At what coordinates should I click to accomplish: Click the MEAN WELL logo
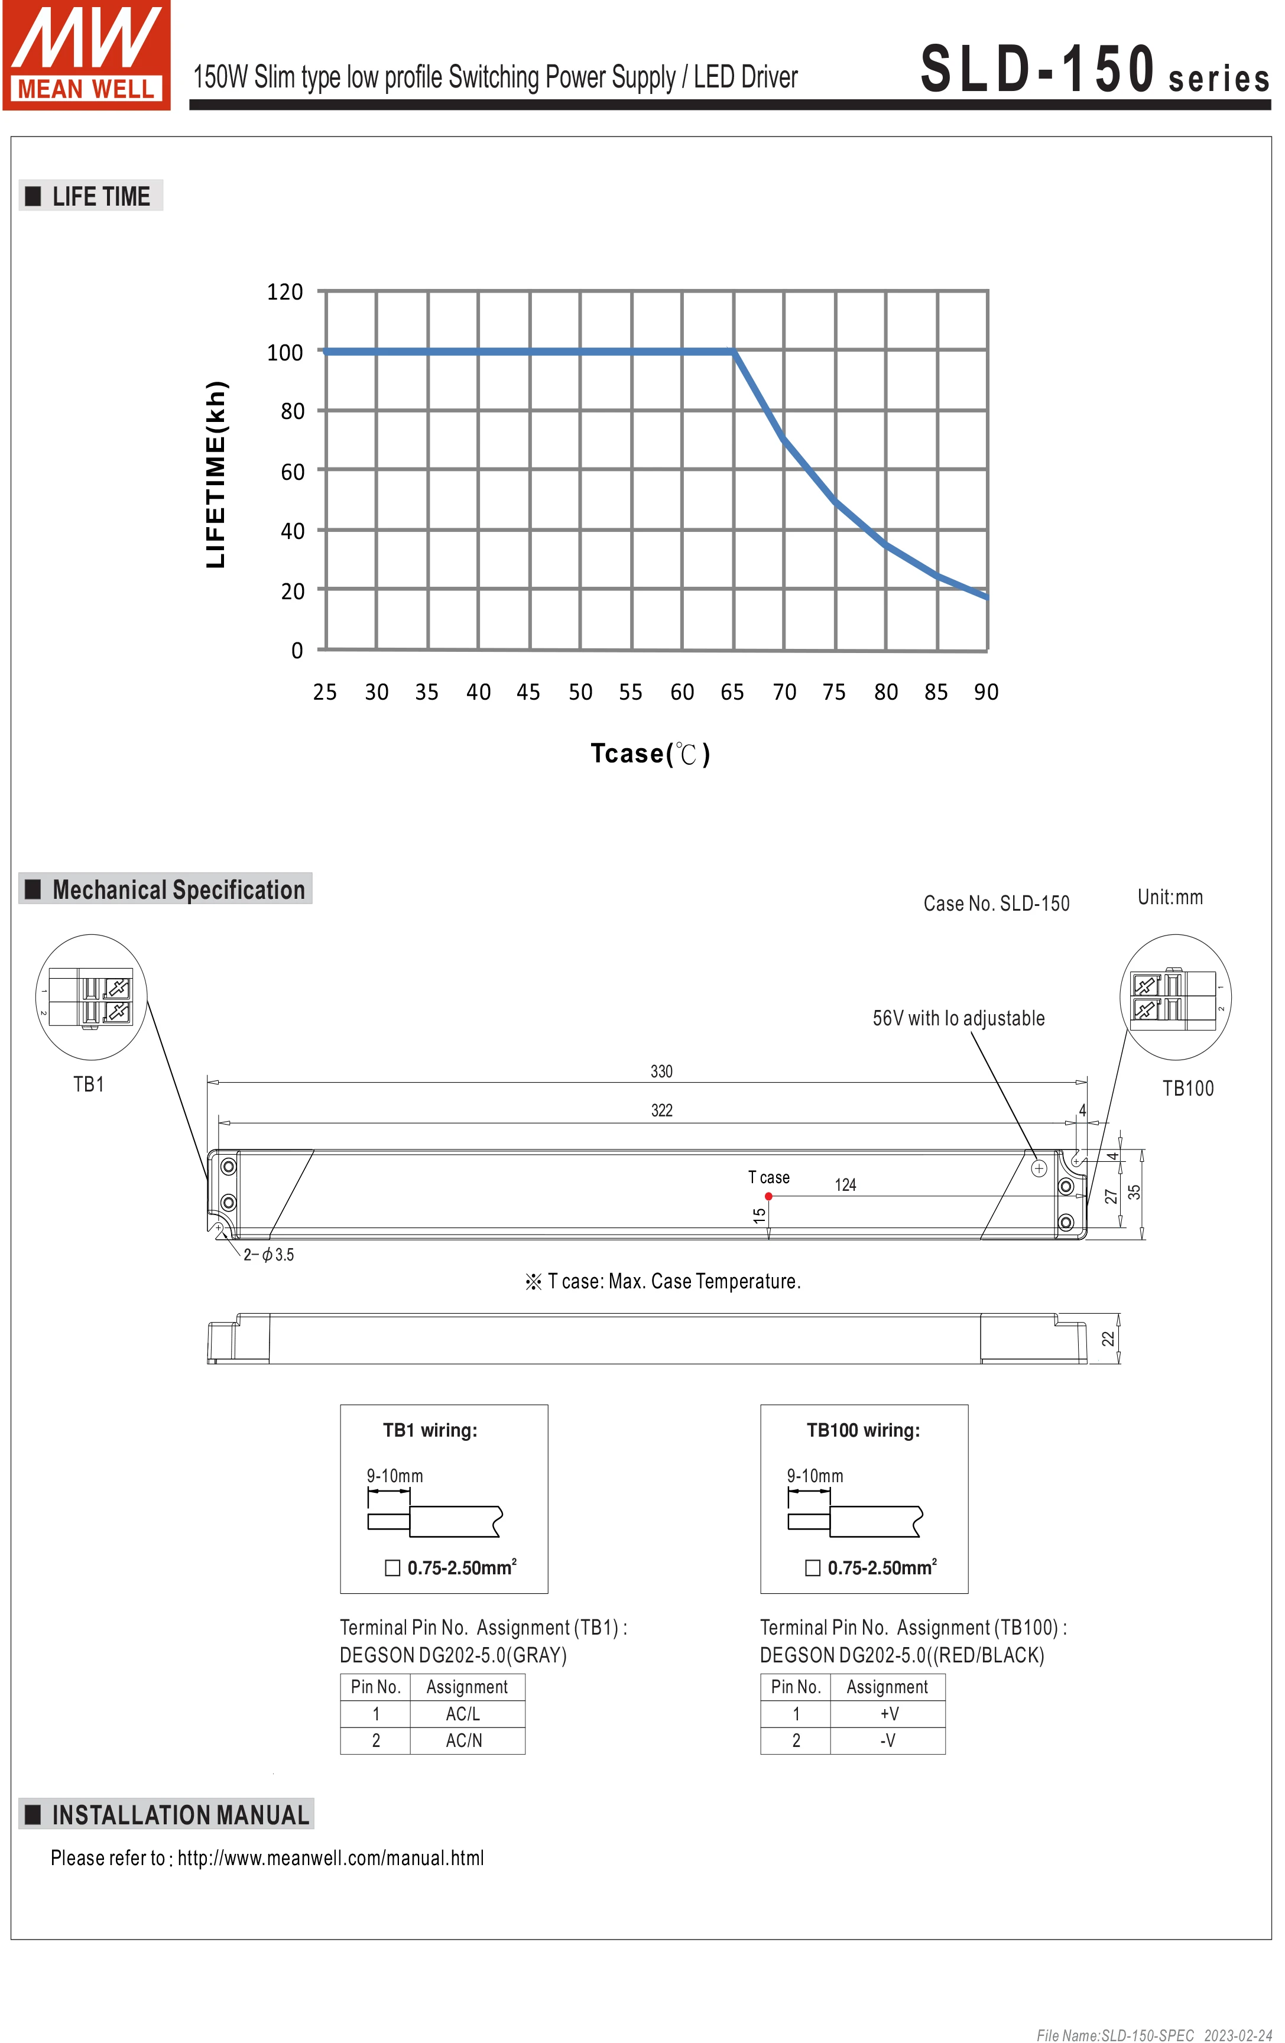pos(86,55)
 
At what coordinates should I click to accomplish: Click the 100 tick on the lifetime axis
pos(284,352)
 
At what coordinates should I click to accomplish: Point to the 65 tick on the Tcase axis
pos(732,692)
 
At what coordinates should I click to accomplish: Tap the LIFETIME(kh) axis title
pos(216,475)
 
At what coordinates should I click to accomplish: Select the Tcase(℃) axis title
pos(650,753)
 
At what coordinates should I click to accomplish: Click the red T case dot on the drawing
pos(768,1196)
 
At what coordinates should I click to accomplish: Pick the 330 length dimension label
pos(661,1071)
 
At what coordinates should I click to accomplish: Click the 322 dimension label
pos(661,1110)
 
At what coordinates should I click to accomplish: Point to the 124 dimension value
pos(845,1185)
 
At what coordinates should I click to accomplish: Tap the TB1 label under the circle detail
pos(88,1084)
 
